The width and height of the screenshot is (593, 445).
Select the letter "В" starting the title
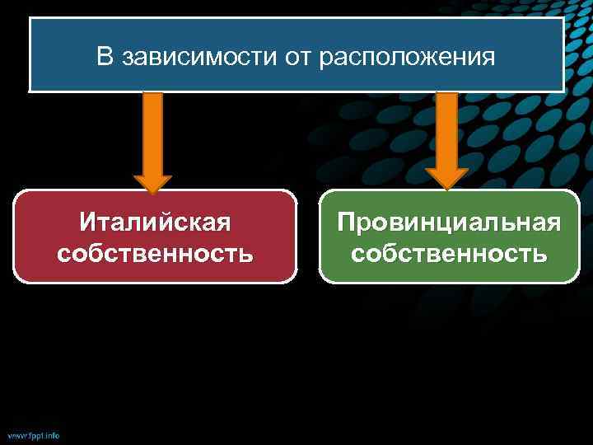(104, 57)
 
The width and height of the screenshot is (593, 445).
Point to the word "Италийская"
(155, 222)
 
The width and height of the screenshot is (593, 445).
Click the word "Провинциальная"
(449, 222)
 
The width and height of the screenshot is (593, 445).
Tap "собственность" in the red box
(155, 252)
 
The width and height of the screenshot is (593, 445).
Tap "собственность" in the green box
(449, 252)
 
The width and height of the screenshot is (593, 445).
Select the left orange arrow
(152, 140)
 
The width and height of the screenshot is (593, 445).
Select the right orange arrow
(446, 140)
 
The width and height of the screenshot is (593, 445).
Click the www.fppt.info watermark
(33, 434)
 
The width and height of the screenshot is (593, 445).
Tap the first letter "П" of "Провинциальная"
(346, 222)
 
